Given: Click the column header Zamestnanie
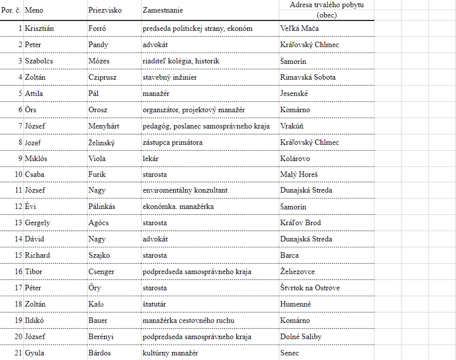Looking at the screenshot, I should point(162,10).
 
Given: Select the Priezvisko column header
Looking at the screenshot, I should point(105,10).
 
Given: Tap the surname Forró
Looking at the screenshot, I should point(97,28).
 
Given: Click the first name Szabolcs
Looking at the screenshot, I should point(39,61).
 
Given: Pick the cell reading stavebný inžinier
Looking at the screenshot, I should point(170,77).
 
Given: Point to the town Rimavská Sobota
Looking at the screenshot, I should point(308,77).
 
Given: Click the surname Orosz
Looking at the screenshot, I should point(98,110).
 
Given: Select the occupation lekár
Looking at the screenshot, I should point(150,158).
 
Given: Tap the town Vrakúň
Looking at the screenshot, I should point(292,126).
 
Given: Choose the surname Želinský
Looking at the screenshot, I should point(101,142).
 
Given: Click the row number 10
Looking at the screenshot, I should point(19,174).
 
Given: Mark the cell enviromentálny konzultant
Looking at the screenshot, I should point(185,190).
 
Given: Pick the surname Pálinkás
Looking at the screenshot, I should point(102,207).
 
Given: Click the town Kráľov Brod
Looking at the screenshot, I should point(301,223).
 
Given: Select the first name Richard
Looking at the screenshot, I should point(37,255).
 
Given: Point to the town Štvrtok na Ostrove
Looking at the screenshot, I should point(310,288).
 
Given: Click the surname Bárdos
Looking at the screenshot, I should point(99,353).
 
